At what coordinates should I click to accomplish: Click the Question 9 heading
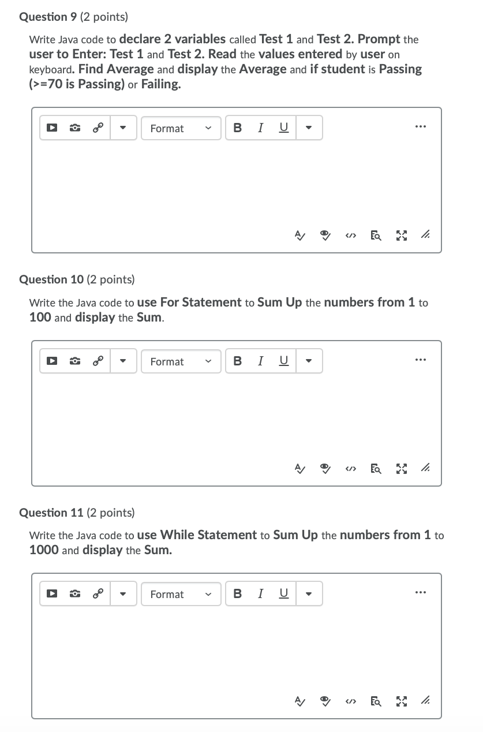(74, 17)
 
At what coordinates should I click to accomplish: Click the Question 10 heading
(77, 279)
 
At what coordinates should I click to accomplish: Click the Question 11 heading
(77, 513)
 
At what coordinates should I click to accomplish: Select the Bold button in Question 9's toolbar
(237, 128)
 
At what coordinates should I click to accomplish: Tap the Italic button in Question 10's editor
(261, 361)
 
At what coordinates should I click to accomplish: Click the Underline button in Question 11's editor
(283, 594)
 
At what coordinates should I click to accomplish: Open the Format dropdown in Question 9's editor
(181, 128)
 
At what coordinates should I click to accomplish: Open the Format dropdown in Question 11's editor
(181, 594)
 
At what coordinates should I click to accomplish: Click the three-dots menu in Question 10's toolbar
(421, 360)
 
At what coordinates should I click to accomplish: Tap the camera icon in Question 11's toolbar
(74, 594)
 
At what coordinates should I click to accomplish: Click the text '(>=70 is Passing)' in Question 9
(77, 84)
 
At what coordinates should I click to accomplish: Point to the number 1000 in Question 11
(43, 550)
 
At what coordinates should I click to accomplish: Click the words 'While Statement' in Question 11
(208, 535)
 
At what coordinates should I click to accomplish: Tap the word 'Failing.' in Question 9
(161, 84)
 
